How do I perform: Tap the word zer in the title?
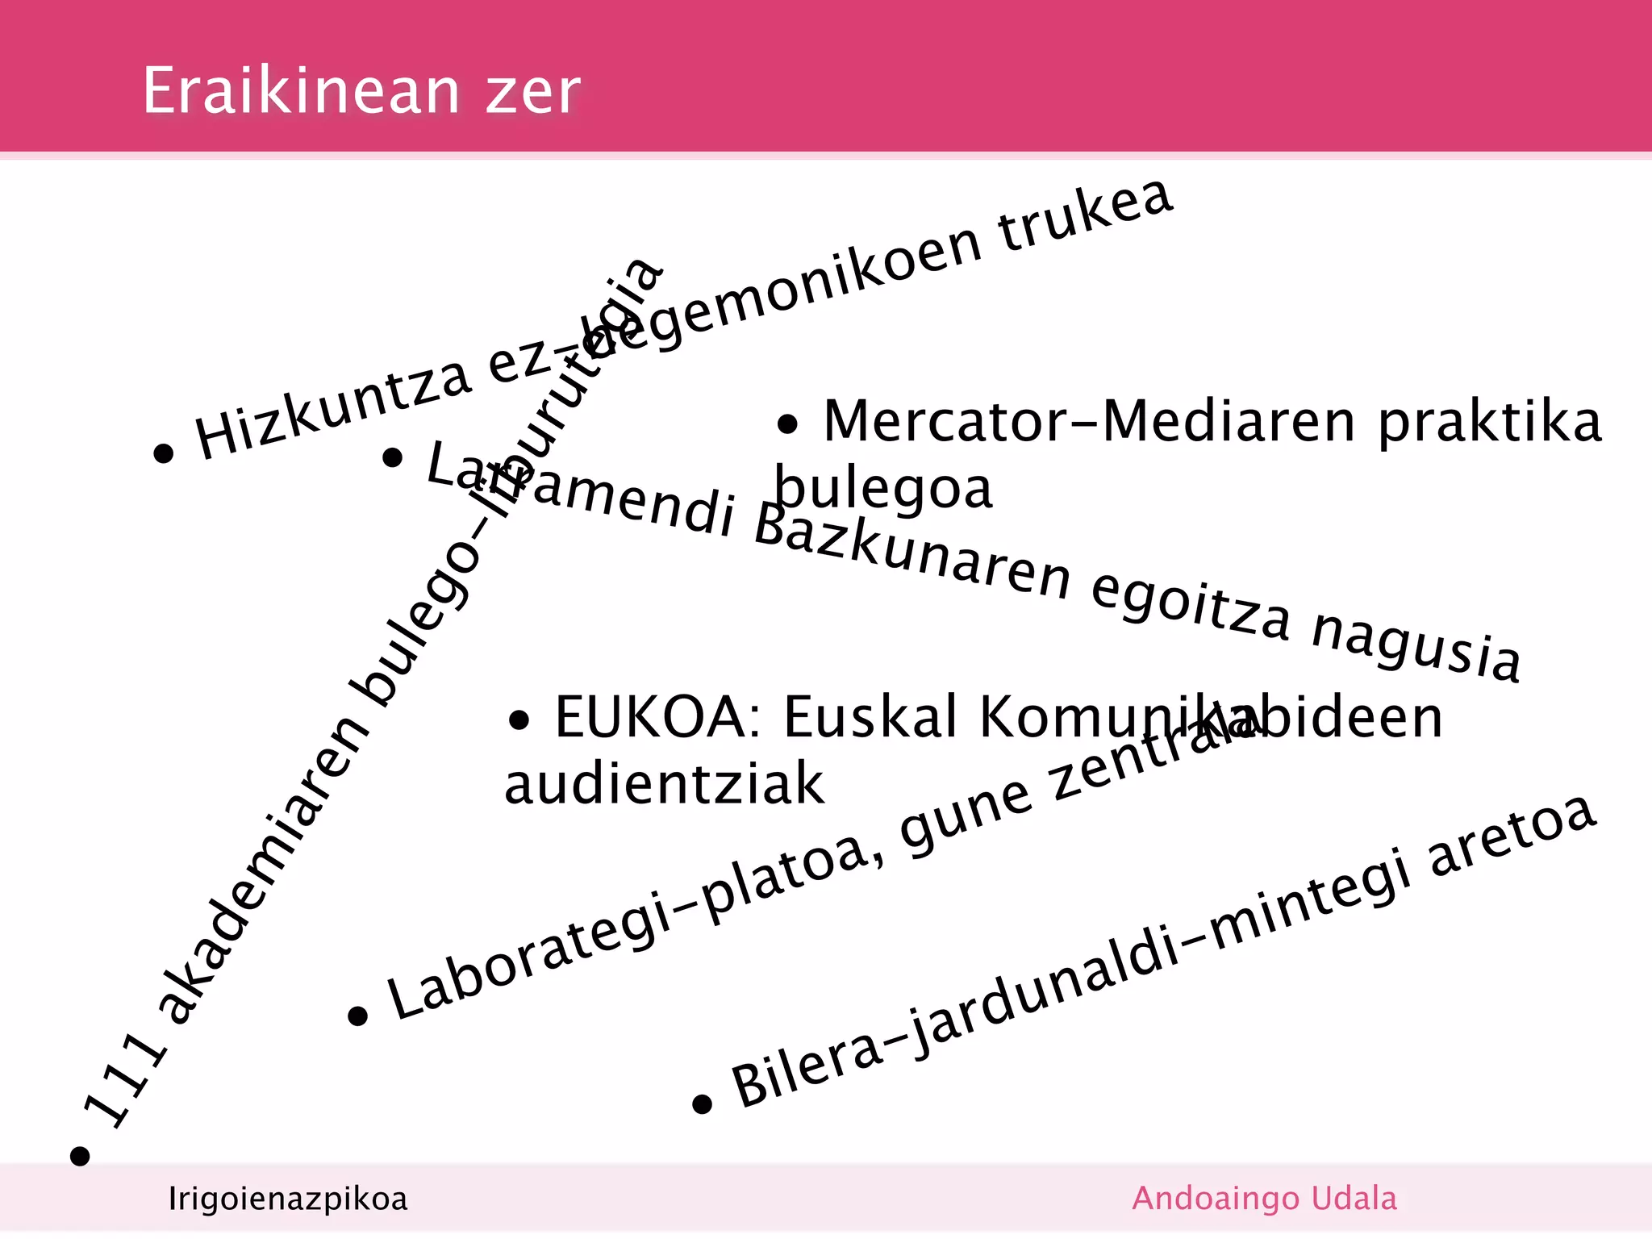[532, 92]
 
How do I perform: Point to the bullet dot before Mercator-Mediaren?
[787, 424]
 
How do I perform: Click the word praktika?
[1489, 423]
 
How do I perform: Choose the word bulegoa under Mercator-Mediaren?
[883, 489]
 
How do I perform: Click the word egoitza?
[1191, 605]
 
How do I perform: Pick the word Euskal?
[871, 716]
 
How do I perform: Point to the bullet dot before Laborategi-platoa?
[357, 1016]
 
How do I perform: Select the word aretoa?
[1512, 839]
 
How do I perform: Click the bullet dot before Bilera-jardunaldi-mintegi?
[702, 1103]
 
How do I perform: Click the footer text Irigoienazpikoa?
[288, 1199]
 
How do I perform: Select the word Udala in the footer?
[1354, 1199]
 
